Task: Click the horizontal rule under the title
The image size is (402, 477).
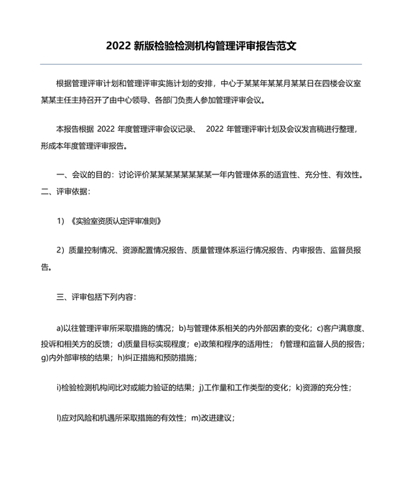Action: (x=201, y=65)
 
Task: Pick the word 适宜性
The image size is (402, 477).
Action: (x=291, y=174)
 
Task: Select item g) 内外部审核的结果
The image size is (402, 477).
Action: (x=72, y=357)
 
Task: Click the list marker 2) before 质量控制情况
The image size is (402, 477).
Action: (x=61, y=250)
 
